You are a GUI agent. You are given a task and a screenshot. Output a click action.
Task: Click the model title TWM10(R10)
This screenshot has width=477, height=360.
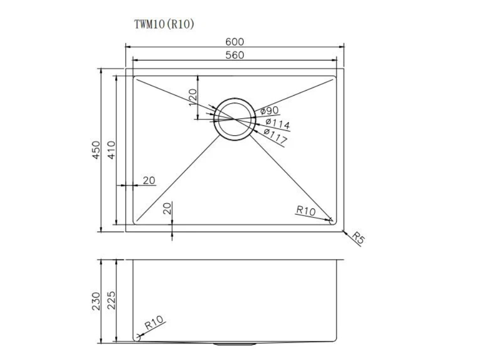click(164, 24)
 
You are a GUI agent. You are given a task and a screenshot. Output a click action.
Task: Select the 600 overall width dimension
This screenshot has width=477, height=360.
click(234, 42)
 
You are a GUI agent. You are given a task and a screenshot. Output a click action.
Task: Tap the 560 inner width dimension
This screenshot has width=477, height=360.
click(234, 55)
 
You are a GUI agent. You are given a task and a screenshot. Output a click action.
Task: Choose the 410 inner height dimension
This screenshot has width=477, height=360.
click(111, 151)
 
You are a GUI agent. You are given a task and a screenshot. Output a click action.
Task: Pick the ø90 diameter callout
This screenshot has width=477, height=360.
click(269, 110)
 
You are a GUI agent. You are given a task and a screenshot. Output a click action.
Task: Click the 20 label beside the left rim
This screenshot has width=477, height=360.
click(149, 180)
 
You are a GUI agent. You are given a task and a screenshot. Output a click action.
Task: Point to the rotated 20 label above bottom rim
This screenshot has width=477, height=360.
click(168, 208)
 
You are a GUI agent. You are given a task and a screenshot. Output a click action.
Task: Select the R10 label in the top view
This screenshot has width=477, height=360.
click(305, 211)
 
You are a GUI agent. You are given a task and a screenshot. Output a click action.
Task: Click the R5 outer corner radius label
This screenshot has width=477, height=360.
click(357, 238)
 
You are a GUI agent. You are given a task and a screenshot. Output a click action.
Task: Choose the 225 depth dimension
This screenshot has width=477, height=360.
click(111, 301)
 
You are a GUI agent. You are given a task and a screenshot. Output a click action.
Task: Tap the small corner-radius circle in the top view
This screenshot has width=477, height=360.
click(332, 220)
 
